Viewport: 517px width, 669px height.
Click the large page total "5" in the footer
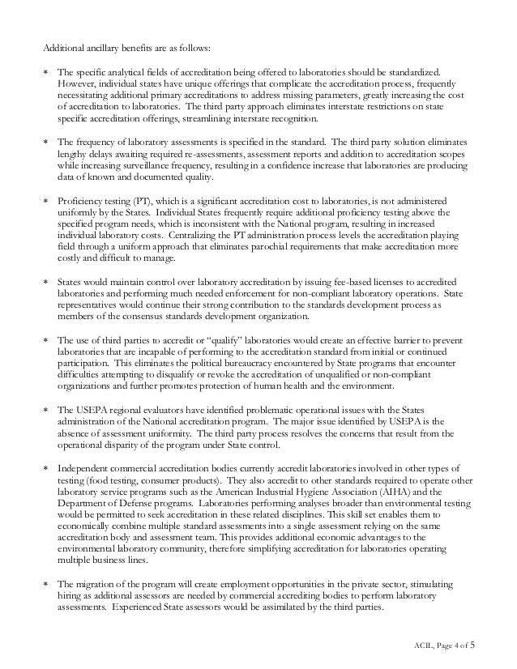(474, 645)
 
